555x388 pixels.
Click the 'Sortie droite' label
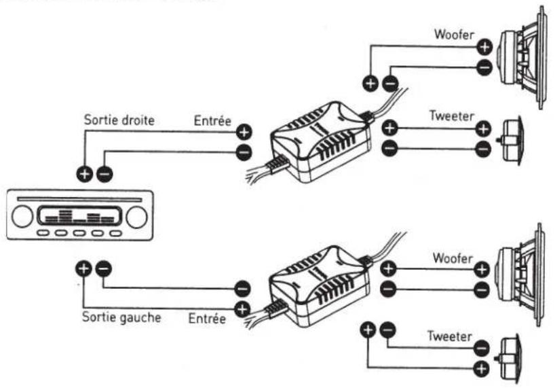pos(119,120)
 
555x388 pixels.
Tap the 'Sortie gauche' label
pos(121,317)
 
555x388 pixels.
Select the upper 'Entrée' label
pos(212,121)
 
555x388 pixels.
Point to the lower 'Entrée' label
pos(207,318)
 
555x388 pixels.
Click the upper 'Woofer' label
pos(454,35)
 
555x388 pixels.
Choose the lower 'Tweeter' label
pos(450,336)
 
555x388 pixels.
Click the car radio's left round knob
pos(22,217)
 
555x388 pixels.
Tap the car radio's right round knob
pos(136,217)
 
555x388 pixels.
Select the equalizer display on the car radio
pos(79,215)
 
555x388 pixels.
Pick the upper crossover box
pos(320,142)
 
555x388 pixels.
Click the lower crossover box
pos(320,285)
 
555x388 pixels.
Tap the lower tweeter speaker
pos(510,359)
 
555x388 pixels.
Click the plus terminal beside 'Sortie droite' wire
pos(85,174)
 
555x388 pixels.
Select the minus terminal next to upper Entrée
pos(244,153)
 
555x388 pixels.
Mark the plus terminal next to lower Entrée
pos(242,309)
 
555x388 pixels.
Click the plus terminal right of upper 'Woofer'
pos(484,47)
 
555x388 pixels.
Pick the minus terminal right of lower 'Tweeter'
pos(481,349)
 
